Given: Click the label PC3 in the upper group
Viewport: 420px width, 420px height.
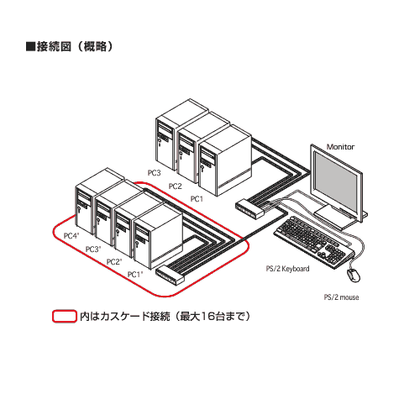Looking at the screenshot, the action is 155,173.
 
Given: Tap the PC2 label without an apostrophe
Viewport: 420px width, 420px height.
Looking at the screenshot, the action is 175,186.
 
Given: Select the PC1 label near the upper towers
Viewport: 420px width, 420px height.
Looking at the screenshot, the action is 197,199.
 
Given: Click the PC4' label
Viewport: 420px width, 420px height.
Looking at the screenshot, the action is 71,236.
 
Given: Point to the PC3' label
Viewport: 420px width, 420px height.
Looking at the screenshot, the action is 93,249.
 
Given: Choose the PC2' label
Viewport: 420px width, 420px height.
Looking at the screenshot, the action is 114,262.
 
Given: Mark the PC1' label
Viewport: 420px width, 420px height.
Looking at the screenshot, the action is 135,275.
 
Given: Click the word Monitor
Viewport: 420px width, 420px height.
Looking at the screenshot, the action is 340,147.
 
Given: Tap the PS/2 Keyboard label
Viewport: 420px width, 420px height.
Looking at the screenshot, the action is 287,269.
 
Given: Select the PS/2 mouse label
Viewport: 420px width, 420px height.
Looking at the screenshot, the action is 341,297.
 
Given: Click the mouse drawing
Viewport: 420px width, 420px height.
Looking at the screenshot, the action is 354,276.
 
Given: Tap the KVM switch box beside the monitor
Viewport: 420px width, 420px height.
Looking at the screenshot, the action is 249,208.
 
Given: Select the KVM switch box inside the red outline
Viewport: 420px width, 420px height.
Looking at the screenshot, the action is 170,276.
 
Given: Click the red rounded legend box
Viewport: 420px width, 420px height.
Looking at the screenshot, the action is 65,316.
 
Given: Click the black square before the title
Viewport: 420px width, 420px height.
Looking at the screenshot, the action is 30,46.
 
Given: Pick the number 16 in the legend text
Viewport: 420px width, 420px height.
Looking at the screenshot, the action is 208,317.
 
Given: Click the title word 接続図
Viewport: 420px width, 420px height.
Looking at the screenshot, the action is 54,46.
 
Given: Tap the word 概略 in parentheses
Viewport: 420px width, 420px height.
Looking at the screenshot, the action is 95,46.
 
